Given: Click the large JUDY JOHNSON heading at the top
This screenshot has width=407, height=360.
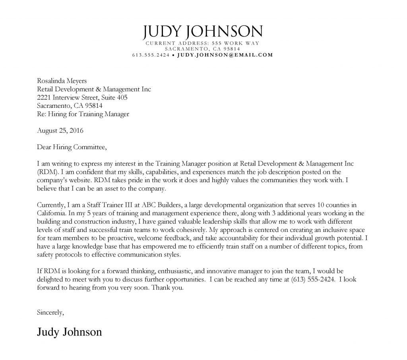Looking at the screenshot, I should point(203,31).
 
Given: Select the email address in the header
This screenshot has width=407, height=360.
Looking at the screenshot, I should point(225,55).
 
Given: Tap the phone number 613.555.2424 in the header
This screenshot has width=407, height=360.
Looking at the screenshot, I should point(151,55).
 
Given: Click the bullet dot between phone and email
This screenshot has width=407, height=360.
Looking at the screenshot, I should point(173,55).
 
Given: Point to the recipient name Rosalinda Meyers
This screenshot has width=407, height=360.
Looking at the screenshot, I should point(62,81).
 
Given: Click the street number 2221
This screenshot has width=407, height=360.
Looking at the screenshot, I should point(44,97).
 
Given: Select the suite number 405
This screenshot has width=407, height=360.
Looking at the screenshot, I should point(122,97).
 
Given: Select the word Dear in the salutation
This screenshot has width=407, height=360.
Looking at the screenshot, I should point(44,147).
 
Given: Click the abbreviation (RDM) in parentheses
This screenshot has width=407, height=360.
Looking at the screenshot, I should point(47,172).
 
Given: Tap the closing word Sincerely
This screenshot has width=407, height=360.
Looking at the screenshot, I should point(50,312).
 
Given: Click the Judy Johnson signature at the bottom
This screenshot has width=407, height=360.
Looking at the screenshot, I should point(69,331).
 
